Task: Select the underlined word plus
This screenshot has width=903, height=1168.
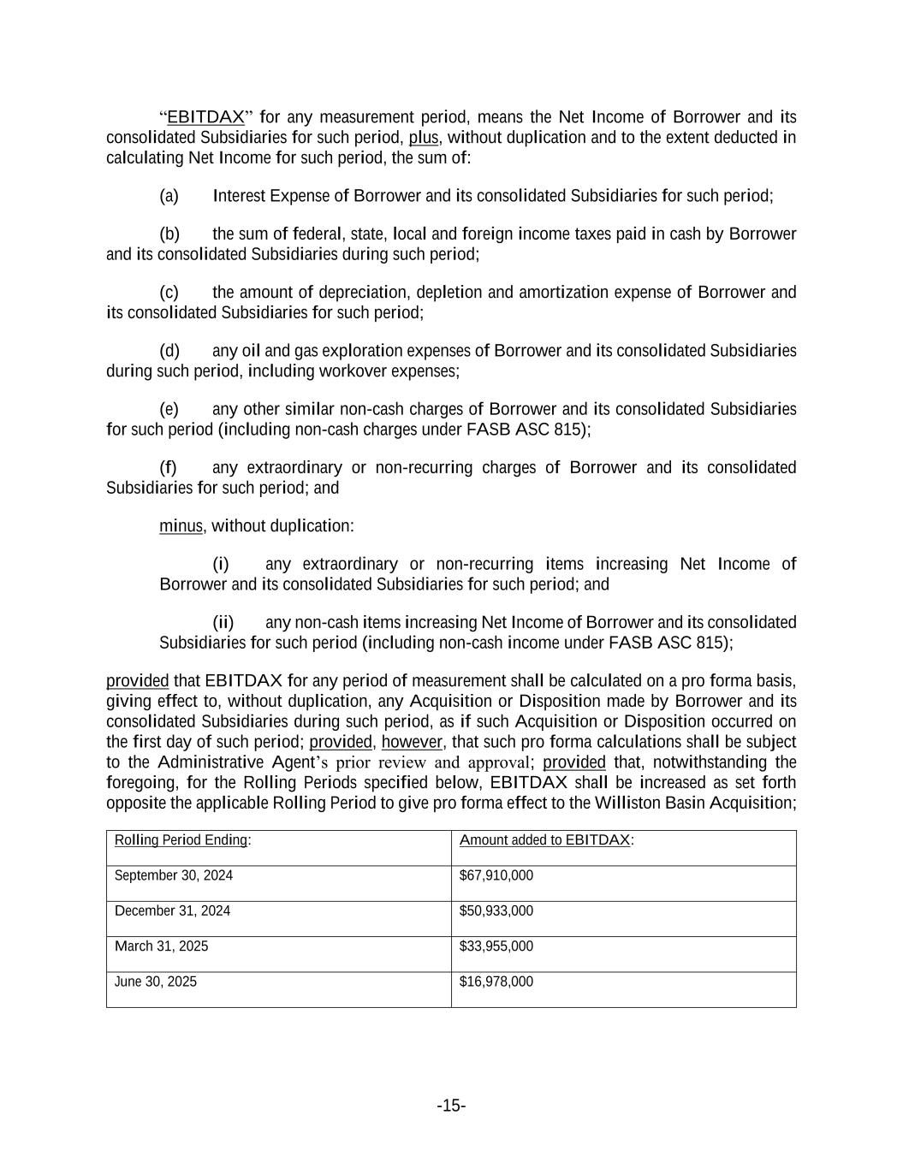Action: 424,137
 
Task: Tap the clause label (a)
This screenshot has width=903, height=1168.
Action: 169,196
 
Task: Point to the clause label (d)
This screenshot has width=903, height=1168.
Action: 169,351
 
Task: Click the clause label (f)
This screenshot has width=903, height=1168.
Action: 168,467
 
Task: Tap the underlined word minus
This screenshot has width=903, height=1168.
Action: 181,526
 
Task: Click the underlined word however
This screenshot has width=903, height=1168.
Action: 412,742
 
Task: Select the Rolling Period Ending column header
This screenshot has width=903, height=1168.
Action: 181,840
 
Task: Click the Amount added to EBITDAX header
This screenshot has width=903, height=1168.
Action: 545,840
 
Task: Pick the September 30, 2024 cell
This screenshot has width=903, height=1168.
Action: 174,875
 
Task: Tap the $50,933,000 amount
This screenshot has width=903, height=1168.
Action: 496,910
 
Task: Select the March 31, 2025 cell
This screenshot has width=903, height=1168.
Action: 161,946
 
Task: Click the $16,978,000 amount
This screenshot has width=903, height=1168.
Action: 496,981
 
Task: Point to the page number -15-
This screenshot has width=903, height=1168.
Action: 451,1106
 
